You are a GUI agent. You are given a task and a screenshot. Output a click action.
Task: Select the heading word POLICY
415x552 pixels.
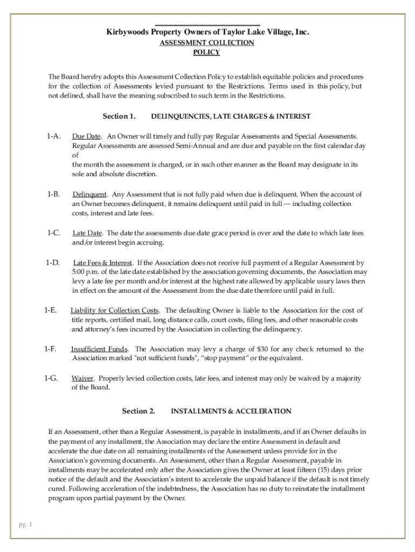tap(206, 52)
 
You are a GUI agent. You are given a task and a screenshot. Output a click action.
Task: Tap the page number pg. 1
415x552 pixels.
tap(25, 525)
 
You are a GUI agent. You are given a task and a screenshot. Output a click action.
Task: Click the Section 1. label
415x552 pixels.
tap(119, 116)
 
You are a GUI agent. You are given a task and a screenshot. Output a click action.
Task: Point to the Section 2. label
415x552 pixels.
tap(139, 411)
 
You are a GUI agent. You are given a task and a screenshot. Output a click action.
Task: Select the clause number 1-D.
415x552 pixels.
tap(53, 263)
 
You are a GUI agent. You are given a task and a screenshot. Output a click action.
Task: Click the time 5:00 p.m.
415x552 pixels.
tap(85, 272)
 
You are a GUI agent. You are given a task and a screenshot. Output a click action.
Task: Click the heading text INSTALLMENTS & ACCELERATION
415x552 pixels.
tap(231, 411)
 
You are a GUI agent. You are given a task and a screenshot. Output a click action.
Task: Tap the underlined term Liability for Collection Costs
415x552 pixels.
tap(115, 310)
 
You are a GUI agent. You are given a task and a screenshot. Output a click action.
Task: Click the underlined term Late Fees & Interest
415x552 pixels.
tap(102, 263)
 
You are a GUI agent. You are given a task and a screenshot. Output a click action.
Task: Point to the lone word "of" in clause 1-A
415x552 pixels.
tap(75, 155)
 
